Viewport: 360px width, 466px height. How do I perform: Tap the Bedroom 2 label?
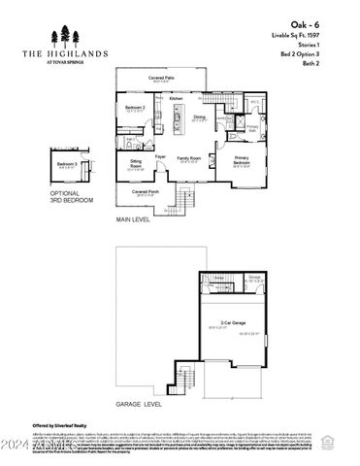(x=135, y=106)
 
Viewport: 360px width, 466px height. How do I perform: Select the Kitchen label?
(x=176, y=100)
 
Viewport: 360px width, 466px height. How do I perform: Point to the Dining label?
(x=198, y=117)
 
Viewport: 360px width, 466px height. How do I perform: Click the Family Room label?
(x=188, y=157)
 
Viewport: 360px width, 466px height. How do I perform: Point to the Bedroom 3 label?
(x=67, y=164)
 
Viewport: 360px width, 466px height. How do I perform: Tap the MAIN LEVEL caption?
(x=134, y=220)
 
